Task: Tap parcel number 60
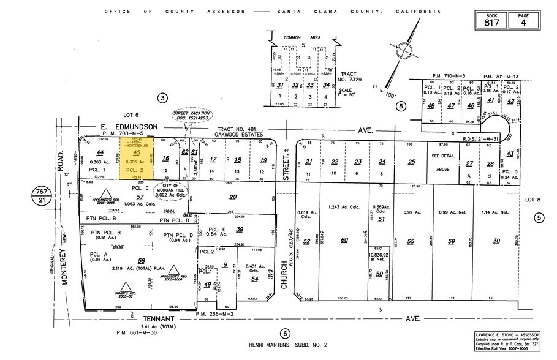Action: point(344,241)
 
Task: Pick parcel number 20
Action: point(233,197)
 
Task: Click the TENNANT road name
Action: point(159,319)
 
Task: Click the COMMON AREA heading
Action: point(302,37)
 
